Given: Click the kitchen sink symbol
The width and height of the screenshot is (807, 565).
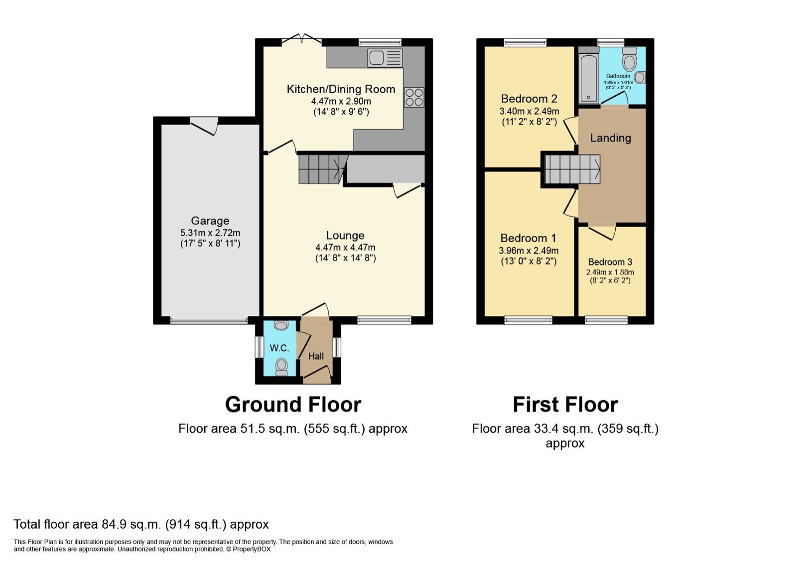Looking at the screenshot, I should click(385, 58).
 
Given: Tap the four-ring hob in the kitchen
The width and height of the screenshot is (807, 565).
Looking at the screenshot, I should click(413, 97).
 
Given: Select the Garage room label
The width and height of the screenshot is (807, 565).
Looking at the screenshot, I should click(210, 221).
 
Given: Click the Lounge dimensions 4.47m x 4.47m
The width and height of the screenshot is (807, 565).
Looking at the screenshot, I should click(345, 248).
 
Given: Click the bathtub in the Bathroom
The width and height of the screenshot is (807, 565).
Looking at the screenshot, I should click(588, 77).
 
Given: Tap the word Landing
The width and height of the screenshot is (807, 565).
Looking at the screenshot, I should click(610, 138).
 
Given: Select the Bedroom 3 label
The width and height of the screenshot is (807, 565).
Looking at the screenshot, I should click(610, 262).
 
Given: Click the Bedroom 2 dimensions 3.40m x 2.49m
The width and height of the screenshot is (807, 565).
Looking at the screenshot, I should click(529, 111).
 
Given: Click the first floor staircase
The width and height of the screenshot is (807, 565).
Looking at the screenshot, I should click(572, 169).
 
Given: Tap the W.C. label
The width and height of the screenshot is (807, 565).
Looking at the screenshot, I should click(279, 348).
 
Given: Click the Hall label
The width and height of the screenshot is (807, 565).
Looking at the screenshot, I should click(316, 356).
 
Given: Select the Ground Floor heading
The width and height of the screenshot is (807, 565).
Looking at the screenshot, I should click(293, 405).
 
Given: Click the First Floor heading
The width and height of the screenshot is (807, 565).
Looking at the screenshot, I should click(565, 405).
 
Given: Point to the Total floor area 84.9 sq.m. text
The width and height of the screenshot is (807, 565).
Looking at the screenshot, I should click(141, 524).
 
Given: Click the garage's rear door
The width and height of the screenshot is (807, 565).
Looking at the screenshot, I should click(204, 125).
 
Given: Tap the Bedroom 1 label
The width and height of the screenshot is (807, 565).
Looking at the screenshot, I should click(528, 238).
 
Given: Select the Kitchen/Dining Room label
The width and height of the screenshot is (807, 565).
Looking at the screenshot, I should click(341, 89).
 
